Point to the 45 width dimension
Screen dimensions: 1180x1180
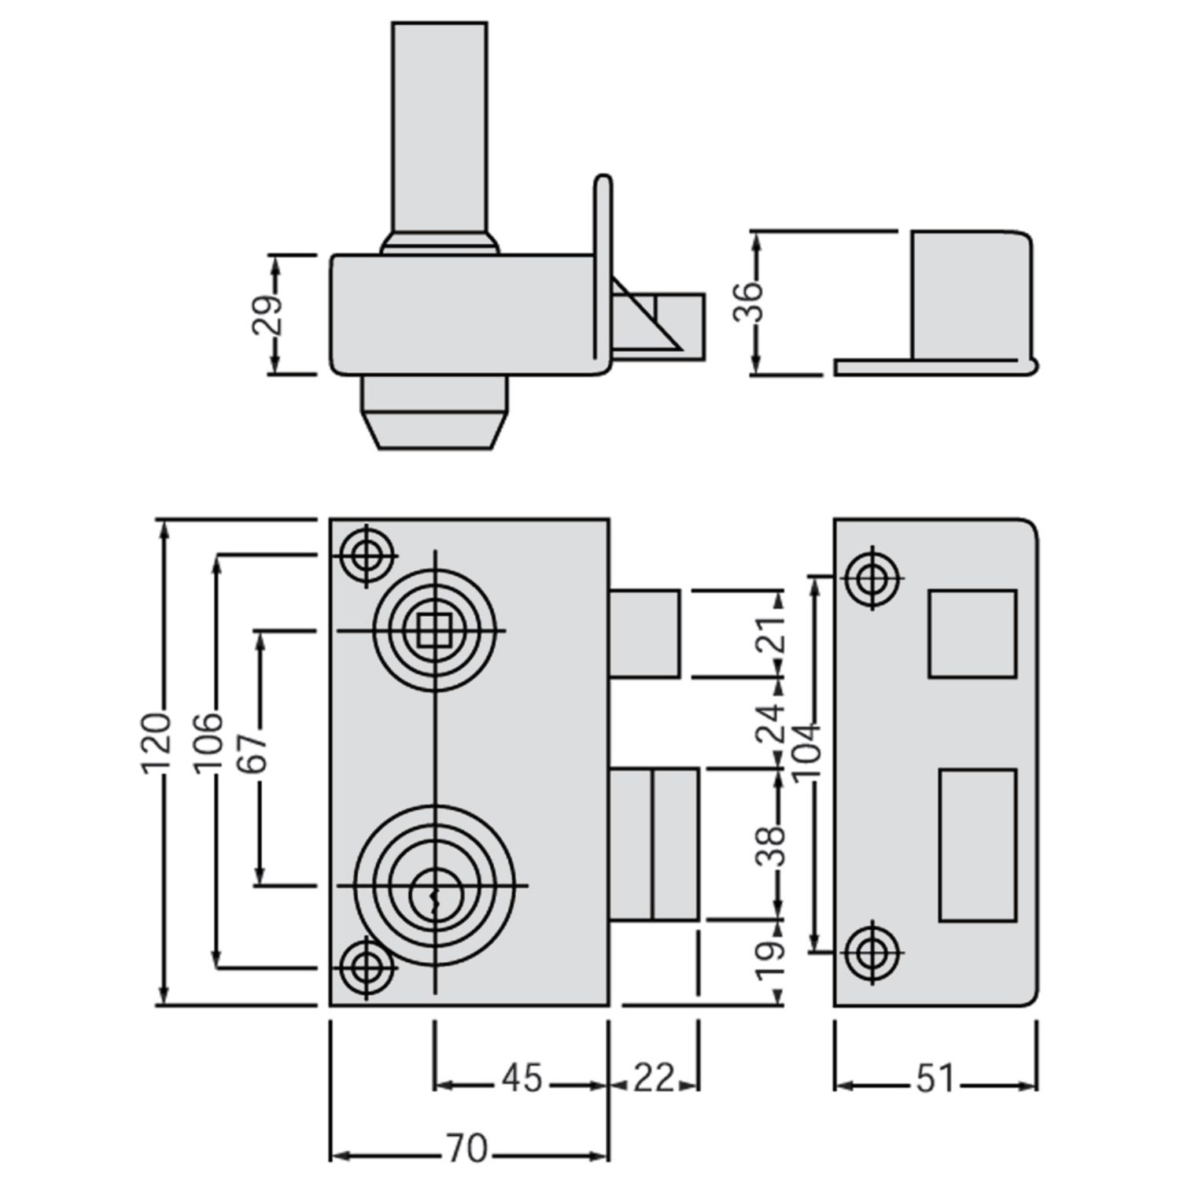[522, 1078]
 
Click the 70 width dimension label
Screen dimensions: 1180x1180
[467, 1149]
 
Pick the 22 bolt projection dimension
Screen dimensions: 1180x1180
[653, 1078]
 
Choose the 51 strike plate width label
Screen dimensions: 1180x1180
[934, 1078]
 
